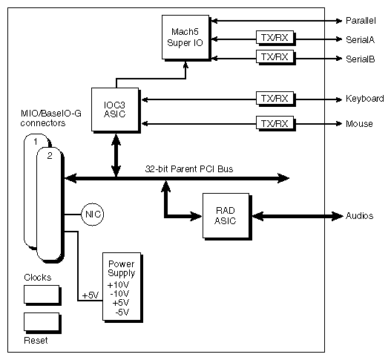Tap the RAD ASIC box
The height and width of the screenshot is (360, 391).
[225, 216]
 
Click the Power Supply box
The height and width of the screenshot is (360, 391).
[122, 285]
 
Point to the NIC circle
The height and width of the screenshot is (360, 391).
[93, 215]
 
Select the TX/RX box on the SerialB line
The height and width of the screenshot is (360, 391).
[272, 56]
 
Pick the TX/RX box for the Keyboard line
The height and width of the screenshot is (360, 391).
[272, 98]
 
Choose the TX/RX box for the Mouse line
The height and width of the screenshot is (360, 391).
[272, 122]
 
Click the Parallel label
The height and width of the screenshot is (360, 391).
[361, 19]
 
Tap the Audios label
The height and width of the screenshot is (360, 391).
[361, 216]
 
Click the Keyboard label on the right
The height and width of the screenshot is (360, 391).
[364, 99]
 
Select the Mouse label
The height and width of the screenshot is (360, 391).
[359, 122]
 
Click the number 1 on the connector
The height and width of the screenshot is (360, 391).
[34, 141]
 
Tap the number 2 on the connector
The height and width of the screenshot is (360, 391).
[50, 155]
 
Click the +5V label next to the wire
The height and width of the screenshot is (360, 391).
[89, 296]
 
